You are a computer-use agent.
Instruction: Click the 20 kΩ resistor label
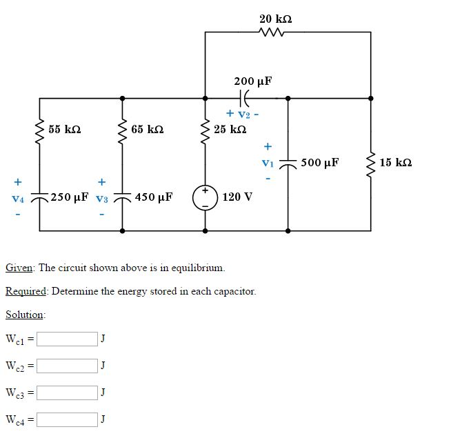pyautogui.click(x=275, y=19)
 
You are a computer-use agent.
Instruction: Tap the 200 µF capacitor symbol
pyautogui.click(x=245, y=98)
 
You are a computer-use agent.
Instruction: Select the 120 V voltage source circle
pyautogui.click(x=205, y=197)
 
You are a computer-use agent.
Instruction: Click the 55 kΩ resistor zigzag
pyautogui.click(x=39, y=129)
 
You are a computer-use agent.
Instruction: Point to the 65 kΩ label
pyautogui.click(x=147, y=129)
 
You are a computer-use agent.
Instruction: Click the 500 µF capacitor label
pyautogui.click(x=319, y=163)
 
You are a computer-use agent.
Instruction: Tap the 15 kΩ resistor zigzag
pyautogui.click(x=371, y=163)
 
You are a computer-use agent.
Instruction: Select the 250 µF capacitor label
pyautogui.click(x=70, y=197)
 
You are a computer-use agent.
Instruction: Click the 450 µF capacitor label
pyautogui.click(x=154, y=197)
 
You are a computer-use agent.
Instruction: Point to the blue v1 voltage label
pyautogui.click(x=268, y=163)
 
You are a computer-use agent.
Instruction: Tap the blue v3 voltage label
pyautogui.click(x=101, y=198)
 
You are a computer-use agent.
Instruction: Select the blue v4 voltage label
pyautogui.click(x=18, y=198)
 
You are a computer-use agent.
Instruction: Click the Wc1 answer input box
pyautogui.click(x=68, y=339)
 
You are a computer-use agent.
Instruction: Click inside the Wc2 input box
pyautogui.click(x=68, y=366)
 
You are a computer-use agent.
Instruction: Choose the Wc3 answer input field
pyautogui.click(x=68, y=393)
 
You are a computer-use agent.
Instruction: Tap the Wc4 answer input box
pyautogui.click(x=68, y=419)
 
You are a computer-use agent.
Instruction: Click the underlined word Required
pyautogui.click(x=26, y=291)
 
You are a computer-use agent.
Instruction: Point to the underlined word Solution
pyautogui.click(x=25, y=315)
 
